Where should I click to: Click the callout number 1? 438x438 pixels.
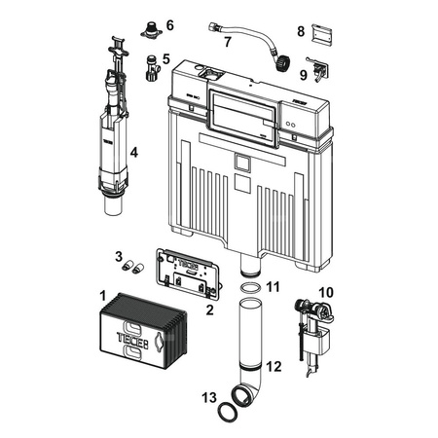(x=102, y=296)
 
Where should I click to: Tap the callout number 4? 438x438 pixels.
(x=134, y=152)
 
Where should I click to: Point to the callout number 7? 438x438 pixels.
(x=228, y=42)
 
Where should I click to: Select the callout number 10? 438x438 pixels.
(x=326, y=292)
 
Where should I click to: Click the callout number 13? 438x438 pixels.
(x=209, y=397)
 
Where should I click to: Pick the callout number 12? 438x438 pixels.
(x=274, y=367)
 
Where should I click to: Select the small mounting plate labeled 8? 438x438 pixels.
(x=322, y=33)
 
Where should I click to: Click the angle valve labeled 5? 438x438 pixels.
(x=151, y=68)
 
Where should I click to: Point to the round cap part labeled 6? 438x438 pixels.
(x=151, y=30)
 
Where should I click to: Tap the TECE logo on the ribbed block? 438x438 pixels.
(x=132, y=338)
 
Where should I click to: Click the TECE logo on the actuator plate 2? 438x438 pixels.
(x=187, y=265)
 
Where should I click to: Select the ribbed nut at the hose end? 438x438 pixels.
(x=282, y=63)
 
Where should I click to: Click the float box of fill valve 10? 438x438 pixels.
(x=322, y=343)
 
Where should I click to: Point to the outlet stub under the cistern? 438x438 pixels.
(x=250, y=266)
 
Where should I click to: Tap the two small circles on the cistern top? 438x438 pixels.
(x=291, y=125)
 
